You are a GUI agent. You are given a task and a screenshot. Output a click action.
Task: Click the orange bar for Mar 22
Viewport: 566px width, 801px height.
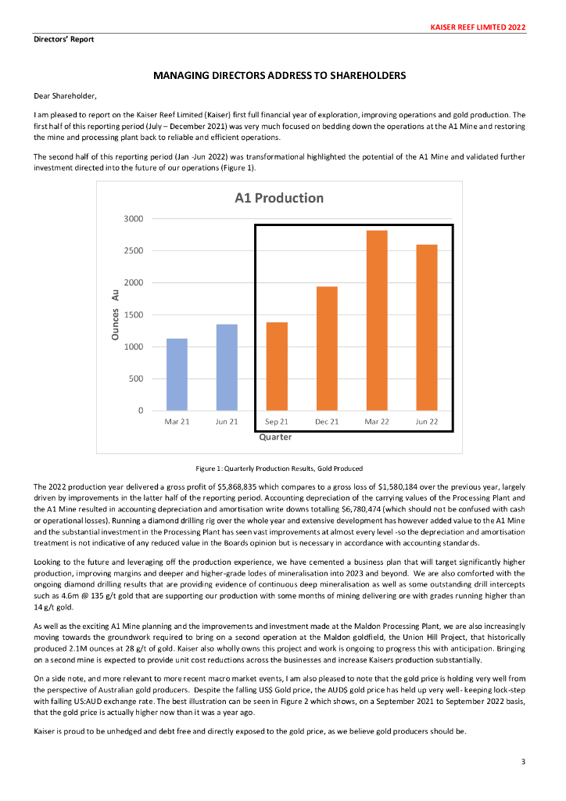(378, 321)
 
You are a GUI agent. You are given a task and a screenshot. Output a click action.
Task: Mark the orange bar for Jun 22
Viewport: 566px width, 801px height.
(427, 328)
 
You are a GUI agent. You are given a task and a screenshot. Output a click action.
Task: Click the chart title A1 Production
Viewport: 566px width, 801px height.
(279, 198)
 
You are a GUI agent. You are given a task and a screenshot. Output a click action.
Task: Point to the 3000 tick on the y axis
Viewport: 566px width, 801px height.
(133, 219)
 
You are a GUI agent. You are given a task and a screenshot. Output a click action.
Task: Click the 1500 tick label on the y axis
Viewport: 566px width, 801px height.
(133, 315)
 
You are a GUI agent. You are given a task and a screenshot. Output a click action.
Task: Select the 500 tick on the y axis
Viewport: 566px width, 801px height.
(135, 379)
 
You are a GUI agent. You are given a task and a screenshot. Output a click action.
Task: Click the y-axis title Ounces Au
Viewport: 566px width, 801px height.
(116, 313)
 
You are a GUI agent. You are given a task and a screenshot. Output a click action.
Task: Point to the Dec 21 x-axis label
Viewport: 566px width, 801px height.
(327, 422)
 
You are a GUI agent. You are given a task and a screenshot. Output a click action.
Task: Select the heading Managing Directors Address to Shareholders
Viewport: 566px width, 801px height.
(279, 76)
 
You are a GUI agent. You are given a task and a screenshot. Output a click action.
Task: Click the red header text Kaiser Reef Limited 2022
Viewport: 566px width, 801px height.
(478, 27)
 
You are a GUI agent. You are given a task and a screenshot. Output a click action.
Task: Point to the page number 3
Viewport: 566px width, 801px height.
(523, 761)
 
